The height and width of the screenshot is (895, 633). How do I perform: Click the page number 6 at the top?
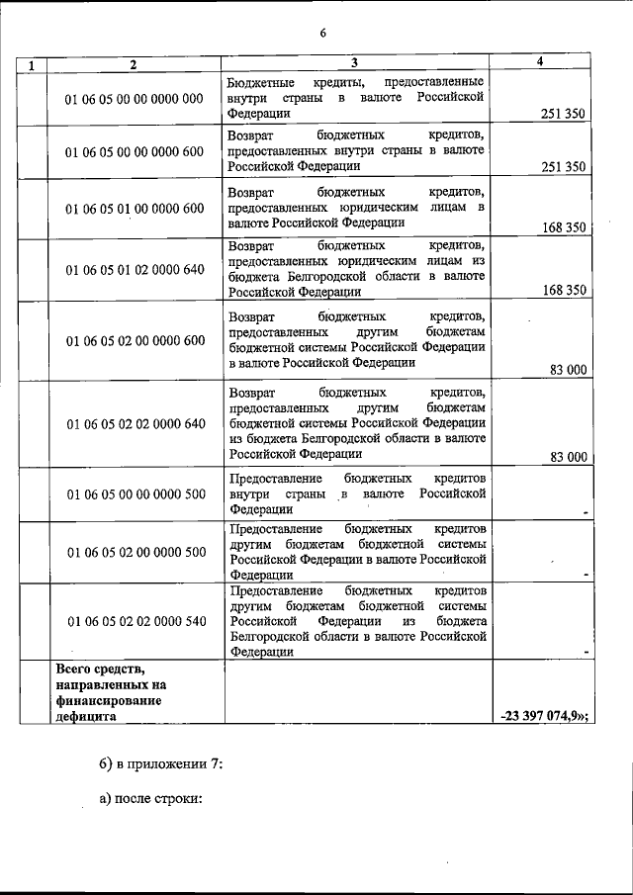(x=322, y=34)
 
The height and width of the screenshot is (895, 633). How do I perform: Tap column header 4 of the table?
(x=539, y=61)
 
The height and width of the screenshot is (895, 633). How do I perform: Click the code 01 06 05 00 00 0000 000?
(x=135, y=98)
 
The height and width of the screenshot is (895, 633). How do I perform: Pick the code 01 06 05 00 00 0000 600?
(x=135, y=151)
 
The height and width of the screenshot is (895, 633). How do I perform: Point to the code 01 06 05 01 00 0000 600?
(x=135, y=208)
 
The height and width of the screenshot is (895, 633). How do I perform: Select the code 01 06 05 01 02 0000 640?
(x=135, y=268)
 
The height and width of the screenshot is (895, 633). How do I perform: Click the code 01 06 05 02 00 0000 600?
(x=135, y=340)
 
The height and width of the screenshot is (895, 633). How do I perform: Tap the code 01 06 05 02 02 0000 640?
(x=135, y=423)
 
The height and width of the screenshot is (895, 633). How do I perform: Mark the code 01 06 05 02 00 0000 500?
(x=135, y=551)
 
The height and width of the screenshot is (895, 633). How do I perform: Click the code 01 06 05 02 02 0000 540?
(x=135, y=621)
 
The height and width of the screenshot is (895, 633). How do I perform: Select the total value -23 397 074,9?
(x=544, y=717)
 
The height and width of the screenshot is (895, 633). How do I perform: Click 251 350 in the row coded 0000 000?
(x=564, y=114)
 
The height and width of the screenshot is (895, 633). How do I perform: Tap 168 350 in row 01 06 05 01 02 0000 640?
(x=564, y=291)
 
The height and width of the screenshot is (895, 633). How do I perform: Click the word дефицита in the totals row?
(x=86, y=717)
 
